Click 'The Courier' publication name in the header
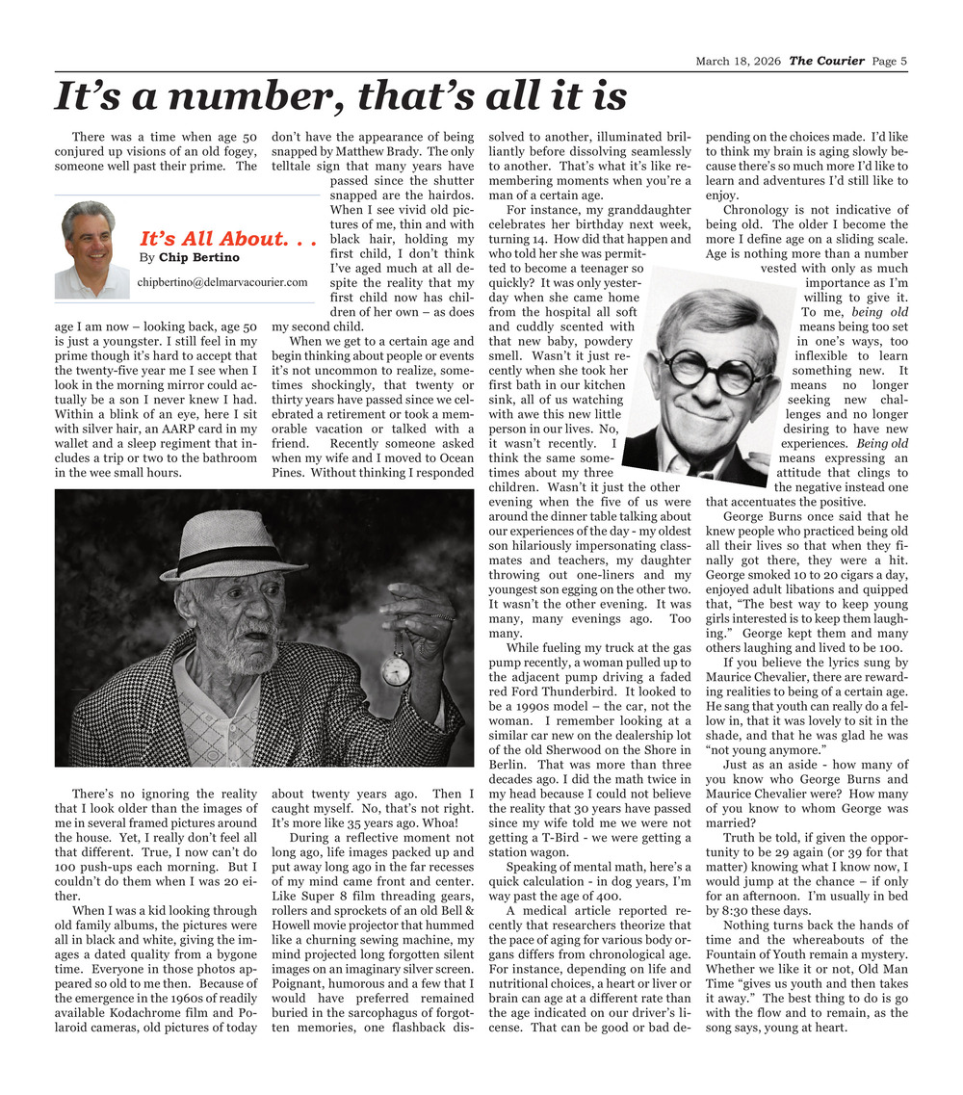click(826, 62)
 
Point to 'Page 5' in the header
click(890, 62)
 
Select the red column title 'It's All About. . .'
click(229, 239)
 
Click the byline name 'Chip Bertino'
click(199, 258)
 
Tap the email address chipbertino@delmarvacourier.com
click(222, 283)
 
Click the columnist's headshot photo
click(91, 249)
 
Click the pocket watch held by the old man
click(395, 670)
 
